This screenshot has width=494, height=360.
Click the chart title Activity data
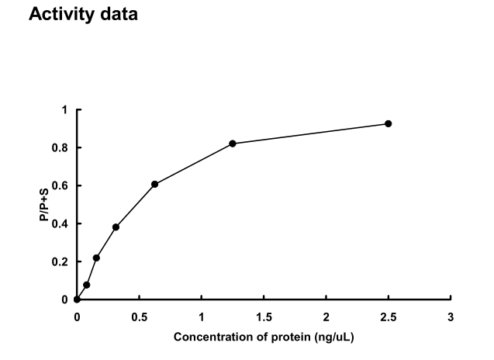click(83, 15)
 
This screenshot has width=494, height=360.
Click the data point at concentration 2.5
click(388, 123)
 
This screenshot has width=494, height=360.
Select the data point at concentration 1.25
click(233, 144)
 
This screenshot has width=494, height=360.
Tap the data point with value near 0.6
click(154, 184)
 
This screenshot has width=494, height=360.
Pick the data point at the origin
click(77, 299)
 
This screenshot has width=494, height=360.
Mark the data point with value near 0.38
click(116, 227)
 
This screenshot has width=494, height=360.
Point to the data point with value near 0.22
click(96, 258)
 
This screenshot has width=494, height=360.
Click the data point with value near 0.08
click(86, 285)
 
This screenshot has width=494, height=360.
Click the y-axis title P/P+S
click(45, 205)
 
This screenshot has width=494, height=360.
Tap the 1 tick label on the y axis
click(65, 110)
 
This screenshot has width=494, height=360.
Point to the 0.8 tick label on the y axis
click(61, 148)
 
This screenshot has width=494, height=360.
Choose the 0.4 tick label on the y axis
click(61, 224)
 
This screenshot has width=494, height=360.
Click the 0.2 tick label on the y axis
click(61, 262)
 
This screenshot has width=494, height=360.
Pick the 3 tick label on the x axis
click(451, 317)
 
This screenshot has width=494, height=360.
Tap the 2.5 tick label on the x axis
click(388, 317)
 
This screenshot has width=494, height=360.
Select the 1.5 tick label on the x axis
click(264, 317)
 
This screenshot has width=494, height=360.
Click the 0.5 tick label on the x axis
click(139, 317)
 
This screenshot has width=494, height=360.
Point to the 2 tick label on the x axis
click(326, 317)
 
